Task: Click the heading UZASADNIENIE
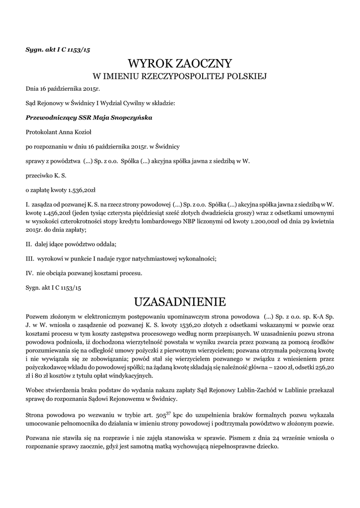tap(180, 301)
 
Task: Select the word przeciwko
tap(39, 175)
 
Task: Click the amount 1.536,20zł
tap(85, 190)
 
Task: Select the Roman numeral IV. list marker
tap(29, 273)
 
